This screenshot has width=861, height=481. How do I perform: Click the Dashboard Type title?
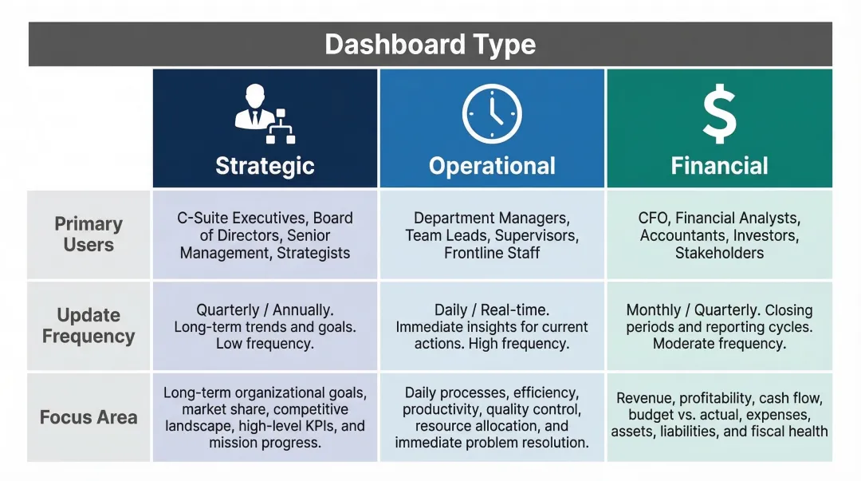430,44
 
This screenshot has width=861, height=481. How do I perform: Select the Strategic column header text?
265,166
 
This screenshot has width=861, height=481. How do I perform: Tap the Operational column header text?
492,166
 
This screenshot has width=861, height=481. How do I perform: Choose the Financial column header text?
719,166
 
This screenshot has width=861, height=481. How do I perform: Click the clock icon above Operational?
492,114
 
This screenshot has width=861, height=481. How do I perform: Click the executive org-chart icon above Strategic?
265,116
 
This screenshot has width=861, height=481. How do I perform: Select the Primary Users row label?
88,235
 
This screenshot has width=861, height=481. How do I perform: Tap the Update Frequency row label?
88,325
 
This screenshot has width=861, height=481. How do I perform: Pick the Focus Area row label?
88,417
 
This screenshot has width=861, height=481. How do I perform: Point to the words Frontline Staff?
492,254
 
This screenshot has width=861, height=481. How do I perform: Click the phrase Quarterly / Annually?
265,310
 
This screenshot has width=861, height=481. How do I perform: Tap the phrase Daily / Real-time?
492,310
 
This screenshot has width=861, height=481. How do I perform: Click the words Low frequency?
265,345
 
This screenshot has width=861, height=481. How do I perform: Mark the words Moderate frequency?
719,345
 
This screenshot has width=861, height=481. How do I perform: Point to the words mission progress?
265,443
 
